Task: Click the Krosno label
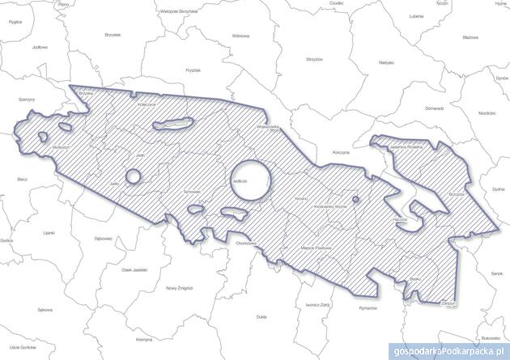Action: (x=303, y=197)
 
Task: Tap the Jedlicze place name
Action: (x=239, y=183)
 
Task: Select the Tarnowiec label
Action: (x=193, y=191)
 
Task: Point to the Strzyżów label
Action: (x=315, y=59)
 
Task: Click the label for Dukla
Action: (x=260, y=317)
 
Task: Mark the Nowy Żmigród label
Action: (x=177, y=289)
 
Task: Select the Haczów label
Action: (x=400, y=219)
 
